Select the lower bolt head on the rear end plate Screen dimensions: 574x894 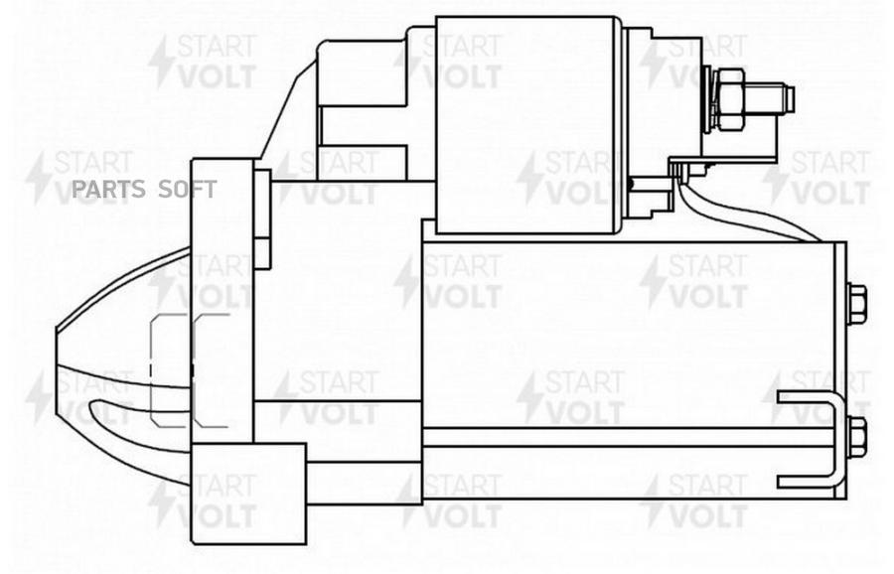pyautogui.click(x=855, y=436)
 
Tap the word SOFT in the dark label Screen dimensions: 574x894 pyautogui.click(x=188, y=190)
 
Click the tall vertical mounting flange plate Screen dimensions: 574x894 pyautogui.click(x=222, y=298)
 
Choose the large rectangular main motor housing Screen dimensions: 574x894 pyautogui.click(x=626, y=328)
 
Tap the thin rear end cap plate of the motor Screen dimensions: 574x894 pyautogui.click(x=840, y=367)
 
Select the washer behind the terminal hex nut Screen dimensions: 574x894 pyautogui.click(x=710, y=98)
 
